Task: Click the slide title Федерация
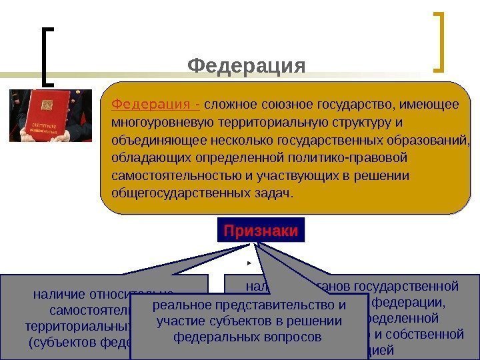(x=246, y=66)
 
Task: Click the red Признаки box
(x=261, y=231)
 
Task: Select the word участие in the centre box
(x=178, y=321)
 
